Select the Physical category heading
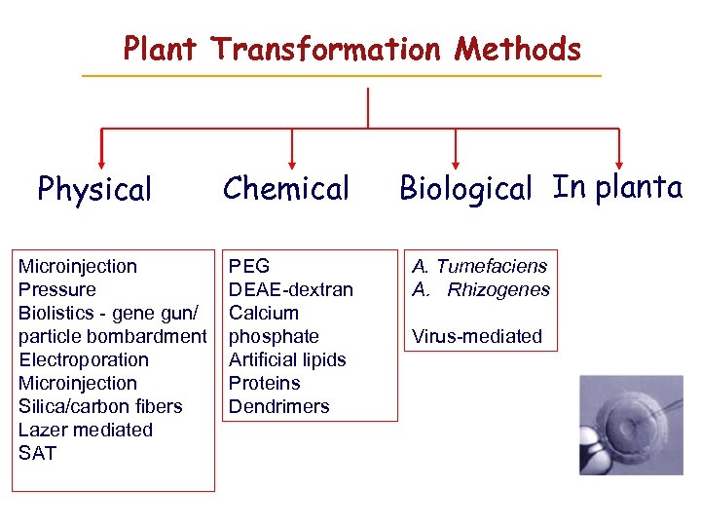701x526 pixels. click(x=94, y=189)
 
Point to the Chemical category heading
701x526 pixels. click(x=285, y=188)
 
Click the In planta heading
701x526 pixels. click(x=617, y=186)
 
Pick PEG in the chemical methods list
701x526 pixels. click(x=249, y=266)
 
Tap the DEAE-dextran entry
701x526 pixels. click(x=290, y=289)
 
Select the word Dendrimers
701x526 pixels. click(x=278, y=406)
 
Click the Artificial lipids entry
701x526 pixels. click(x=287, y=359)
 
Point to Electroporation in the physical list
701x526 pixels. click(x=84, y=359)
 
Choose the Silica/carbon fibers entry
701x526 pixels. click(x=100, y=406)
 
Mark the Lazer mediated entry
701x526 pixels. click(x=86, y=430)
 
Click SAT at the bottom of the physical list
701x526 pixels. click(x=37, y=453)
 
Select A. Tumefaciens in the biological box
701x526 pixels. click(x=480, y=266)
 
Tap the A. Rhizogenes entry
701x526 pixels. click(x=481, y=289)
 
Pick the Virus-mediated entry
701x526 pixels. click(x=477, y=336)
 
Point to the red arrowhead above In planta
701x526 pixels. click(x=619, y=164)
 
